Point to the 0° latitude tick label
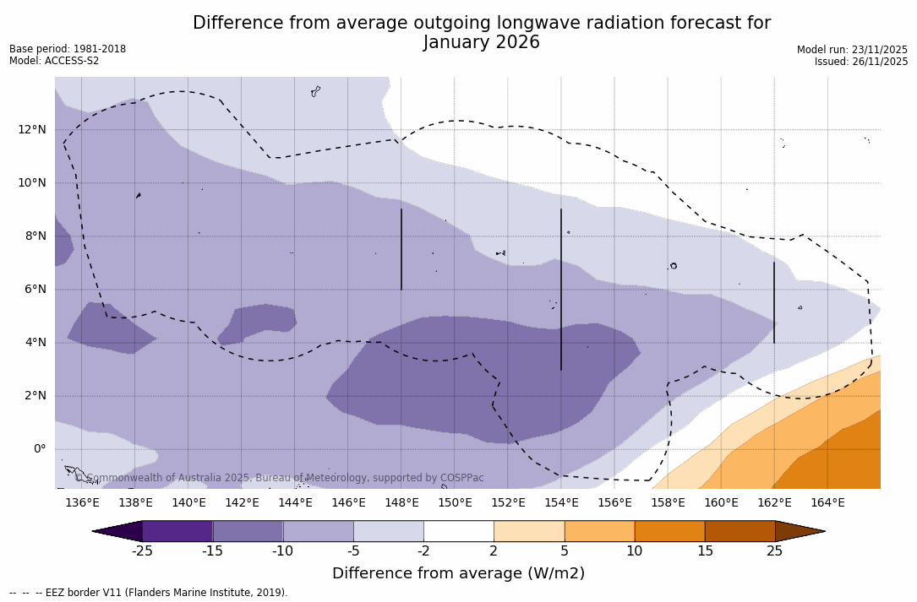coord(38,449)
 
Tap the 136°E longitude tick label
coord(82,503)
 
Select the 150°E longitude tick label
coord(455,503)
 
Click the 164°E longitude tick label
coord(827,503)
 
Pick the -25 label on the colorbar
coord(142,551)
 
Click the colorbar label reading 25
coord(774,551)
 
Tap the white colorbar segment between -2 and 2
coord(458,531)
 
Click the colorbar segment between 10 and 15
coord(669,531)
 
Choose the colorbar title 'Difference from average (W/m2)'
coord(458,574)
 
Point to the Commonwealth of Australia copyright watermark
coord(279,478)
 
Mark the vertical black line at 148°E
coord(401,249)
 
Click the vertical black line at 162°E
coord(774,302)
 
